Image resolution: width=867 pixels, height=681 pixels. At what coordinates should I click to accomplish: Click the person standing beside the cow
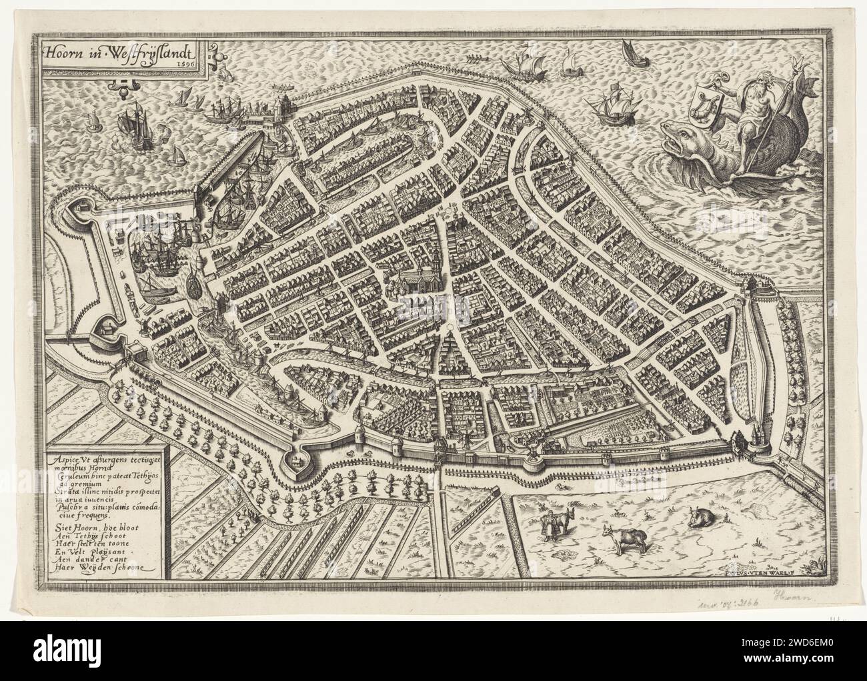[548, 525]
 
